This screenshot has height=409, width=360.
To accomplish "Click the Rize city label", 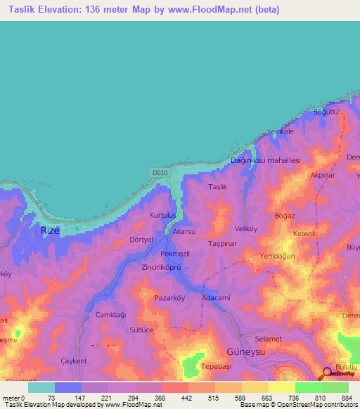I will point(50,230).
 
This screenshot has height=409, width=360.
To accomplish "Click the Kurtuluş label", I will point(165,215).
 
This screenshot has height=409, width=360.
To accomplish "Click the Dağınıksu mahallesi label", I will point(266,160).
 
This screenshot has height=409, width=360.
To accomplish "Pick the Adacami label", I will point(216,298).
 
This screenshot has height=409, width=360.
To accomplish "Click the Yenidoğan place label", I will point(277,256).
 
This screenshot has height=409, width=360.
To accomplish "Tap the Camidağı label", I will point(110,314).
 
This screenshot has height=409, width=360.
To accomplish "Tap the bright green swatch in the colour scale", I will point(309,387).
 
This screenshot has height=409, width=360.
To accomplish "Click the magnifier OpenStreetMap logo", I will point(328,373).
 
